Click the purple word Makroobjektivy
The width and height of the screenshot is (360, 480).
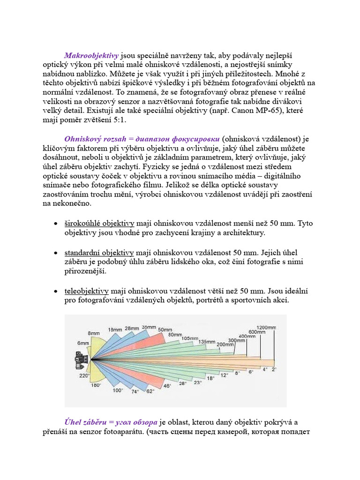point(91,55)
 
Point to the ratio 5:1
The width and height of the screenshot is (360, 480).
point(118,120)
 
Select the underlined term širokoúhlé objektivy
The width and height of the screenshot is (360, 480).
point(99,223)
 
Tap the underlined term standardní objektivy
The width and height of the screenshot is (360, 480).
point(99,253)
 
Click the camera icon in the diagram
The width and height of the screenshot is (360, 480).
point(81,360)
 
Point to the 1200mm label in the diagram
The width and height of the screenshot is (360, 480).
point(266,327)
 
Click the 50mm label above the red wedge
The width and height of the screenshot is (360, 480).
point(165,330)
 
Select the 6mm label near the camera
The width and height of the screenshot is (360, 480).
point(83,343)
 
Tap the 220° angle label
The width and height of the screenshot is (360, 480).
point(84,376)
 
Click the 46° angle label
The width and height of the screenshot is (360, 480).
point(167,386)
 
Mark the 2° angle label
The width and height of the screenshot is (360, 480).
point(274,369)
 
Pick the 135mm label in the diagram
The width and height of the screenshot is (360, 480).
point(207,342)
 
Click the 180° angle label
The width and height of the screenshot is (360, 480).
point(96,385)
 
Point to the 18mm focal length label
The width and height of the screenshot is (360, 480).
point(115,330)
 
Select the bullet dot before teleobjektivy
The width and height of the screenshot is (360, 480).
point(56,292)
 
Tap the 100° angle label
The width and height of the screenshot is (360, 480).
point(118,390)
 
